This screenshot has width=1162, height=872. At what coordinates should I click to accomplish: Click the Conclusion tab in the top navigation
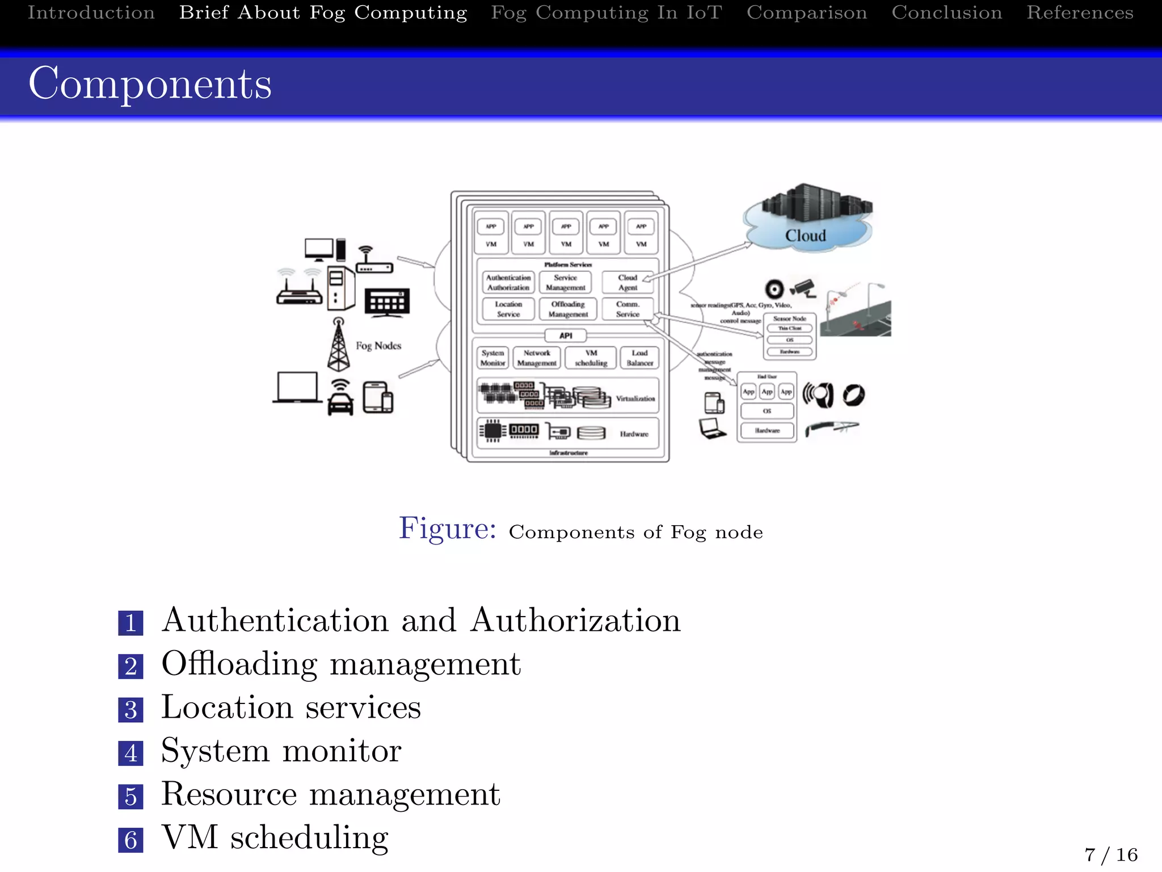946,12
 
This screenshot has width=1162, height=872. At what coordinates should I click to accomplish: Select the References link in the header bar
1080,12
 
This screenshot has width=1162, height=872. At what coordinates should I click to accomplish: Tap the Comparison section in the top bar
807,12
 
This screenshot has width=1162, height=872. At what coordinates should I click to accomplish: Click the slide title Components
150,83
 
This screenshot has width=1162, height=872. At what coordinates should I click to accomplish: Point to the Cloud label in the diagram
805,235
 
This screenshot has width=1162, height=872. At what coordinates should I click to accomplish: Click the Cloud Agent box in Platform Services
628,282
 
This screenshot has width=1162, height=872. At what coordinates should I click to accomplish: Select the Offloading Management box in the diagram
568,309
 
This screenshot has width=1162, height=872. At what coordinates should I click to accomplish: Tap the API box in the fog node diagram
566,336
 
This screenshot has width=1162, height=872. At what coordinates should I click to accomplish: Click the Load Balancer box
639,358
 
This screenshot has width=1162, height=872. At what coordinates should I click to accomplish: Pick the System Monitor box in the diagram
492,358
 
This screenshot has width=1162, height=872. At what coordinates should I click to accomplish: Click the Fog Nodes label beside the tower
378,346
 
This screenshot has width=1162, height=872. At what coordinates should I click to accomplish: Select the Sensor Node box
789,336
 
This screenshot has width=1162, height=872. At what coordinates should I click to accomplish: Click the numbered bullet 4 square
130,753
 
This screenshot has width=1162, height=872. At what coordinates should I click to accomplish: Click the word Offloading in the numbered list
239,664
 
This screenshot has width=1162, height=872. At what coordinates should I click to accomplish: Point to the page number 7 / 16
1110,854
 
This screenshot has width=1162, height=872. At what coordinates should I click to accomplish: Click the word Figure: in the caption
447,529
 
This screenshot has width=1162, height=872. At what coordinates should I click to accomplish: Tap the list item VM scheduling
275,837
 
